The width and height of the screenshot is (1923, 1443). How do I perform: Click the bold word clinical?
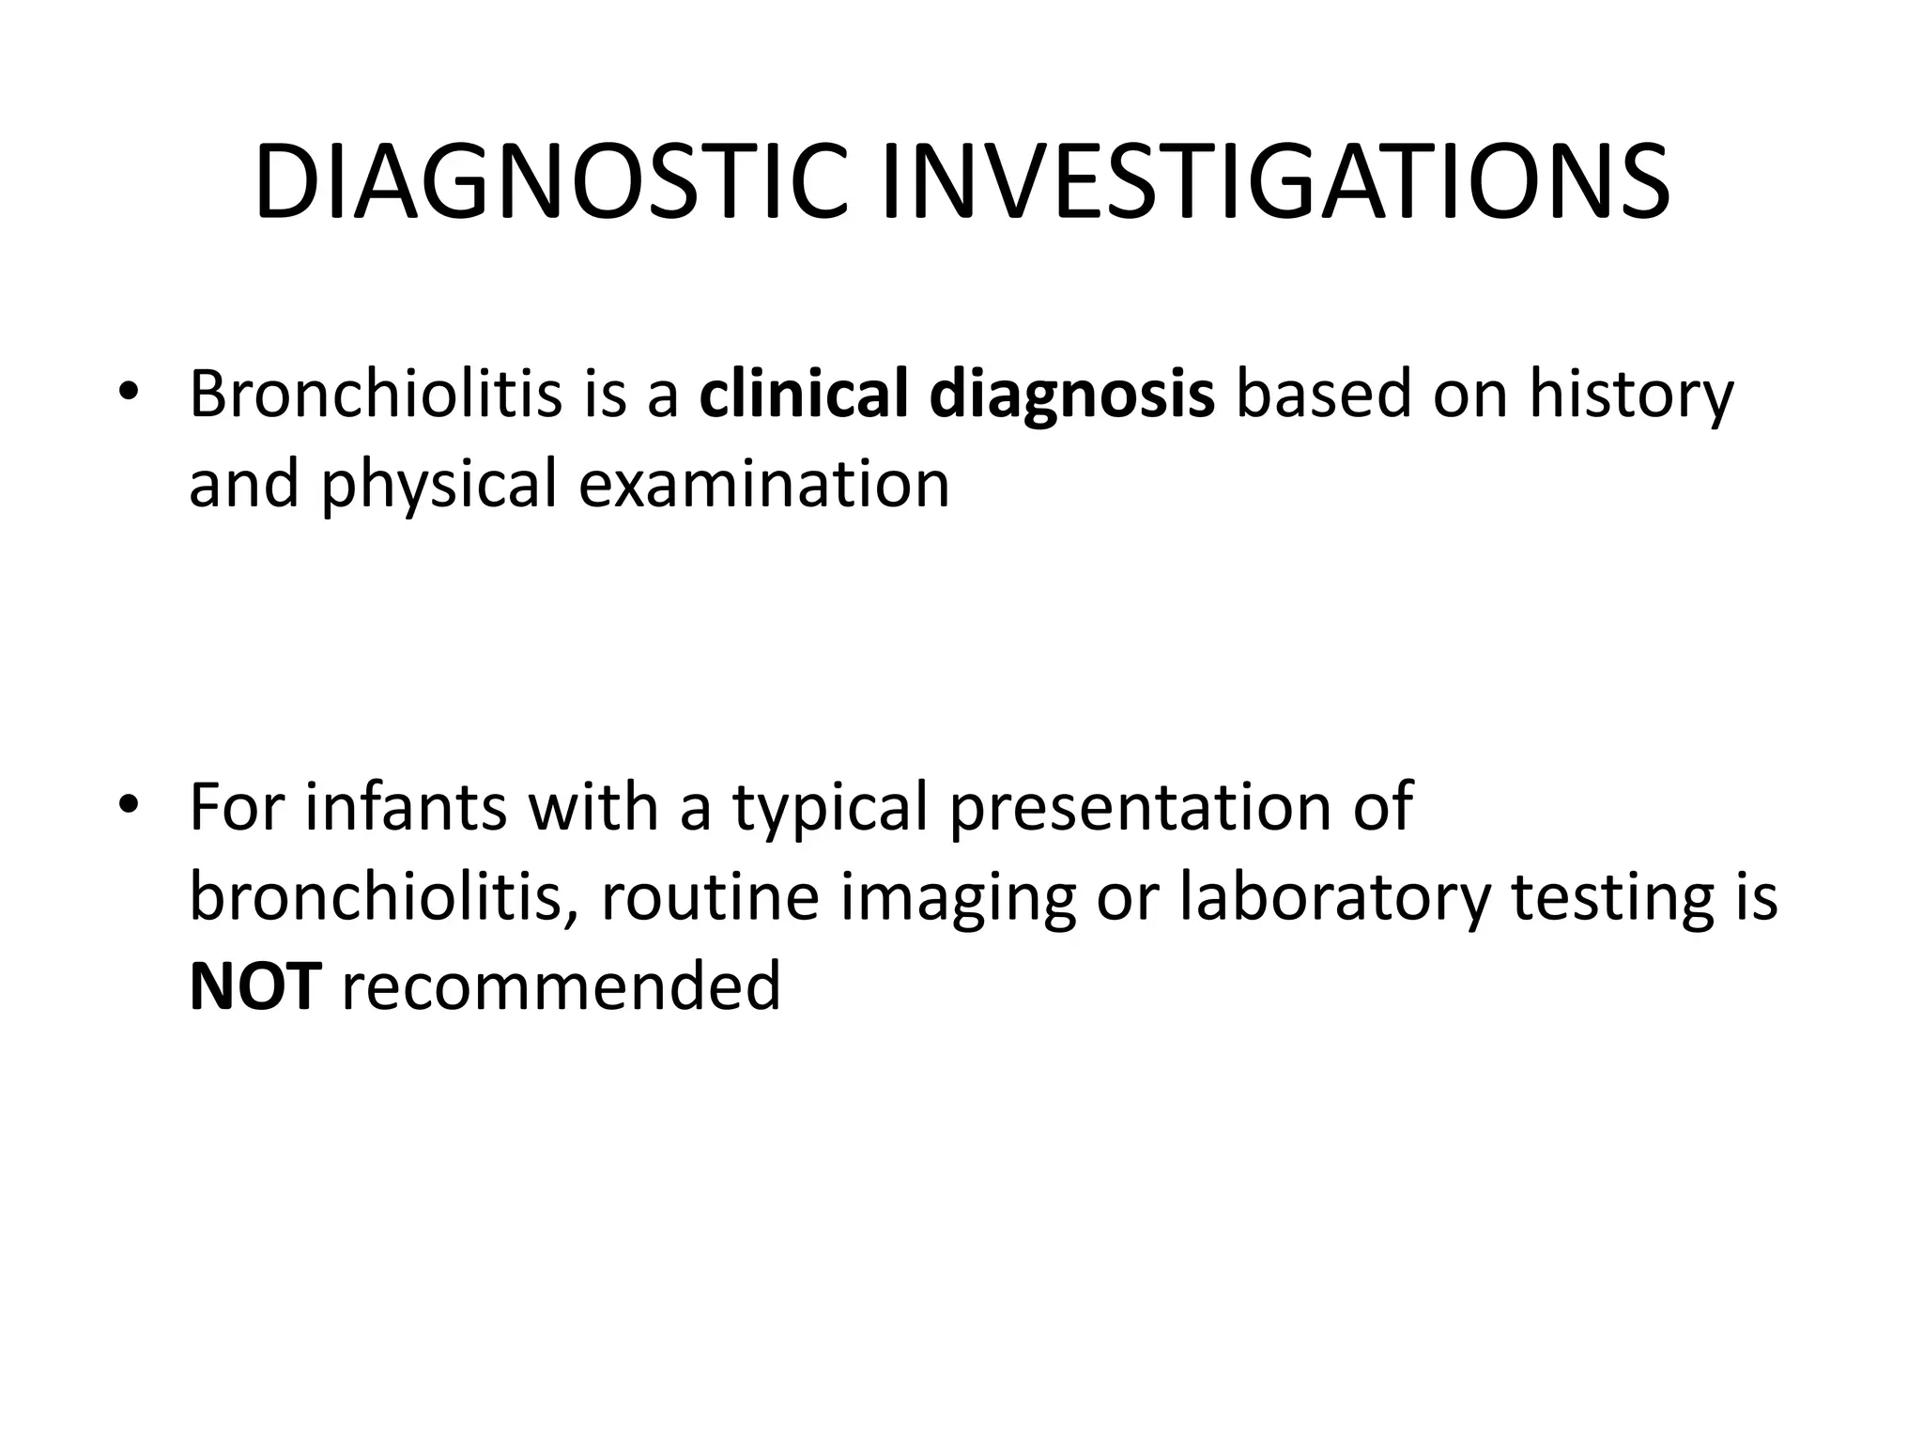click(803, 395)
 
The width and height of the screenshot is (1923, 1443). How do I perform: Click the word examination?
click(763, 484)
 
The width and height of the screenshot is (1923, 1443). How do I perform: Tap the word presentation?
click(1140, 808)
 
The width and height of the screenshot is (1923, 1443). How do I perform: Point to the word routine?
click(710, 897)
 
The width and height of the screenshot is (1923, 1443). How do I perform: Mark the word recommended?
click(561, 986)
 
